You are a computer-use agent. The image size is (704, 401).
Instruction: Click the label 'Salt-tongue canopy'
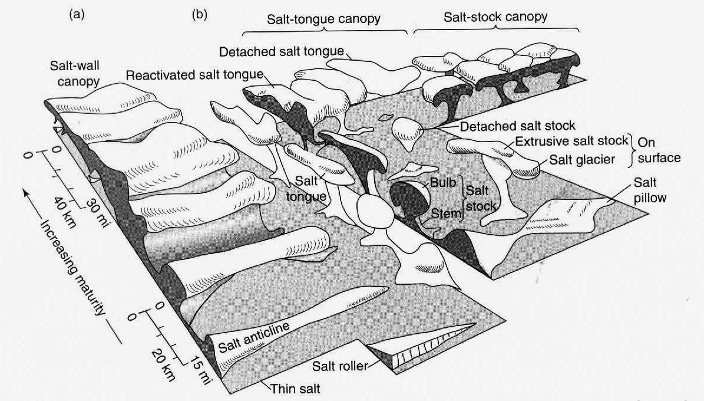tap(323, 19)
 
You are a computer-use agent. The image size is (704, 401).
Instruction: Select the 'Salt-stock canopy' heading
tap(495, 18)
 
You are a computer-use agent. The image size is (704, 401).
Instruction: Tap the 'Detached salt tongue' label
tap(282, 52)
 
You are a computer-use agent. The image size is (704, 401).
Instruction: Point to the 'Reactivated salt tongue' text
tap(195, 75)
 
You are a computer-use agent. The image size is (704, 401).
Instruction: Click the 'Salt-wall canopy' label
tap(75, 73)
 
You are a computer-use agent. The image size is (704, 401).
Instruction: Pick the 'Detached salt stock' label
tap(517, 126)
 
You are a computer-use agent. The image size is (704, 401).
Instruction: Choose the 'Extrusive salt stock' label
tap(571, 141)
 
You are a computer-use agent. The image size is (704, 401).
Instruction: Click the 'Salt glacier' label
tap(582, 159)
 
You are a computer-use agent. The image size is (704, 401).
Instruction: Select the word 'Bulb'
tap(442, 183)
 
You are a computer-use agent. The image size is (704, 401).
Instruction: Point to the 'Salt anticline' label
tap(254, 338)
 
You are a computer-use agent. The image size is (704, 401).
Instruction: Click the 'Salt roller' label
tap(340, 366)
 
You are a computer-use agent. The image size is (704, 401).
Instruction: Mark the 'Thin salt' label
tap(295, 389)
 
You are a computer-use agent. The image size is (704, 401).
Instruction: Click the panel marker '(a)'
tap(77, 15)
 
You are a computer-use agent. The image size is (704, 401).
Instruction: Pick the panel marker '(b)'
tap(199, 15)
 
